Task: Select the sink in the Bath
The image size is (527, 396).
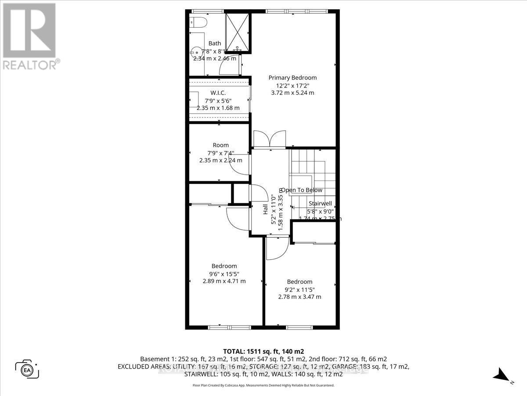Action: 195,53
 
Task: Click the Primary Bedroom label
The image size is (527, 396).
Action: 292,77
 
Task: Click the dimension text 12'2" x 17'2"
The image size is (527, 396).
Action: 292,85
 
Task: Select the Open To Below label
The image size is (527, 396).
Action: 301,190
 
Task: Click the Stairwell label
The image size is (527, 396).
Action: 320,204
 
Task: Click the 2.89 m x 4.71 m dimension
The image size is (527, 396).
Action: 224,281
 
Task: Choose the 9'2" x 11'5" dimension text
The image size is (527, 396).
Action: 300,290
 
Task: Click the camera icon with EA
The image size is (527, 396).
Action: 27,369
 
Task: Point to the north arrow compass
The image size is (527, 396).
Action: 502,375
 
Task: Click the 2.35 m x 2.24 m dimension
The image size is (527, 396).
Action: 220,161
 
